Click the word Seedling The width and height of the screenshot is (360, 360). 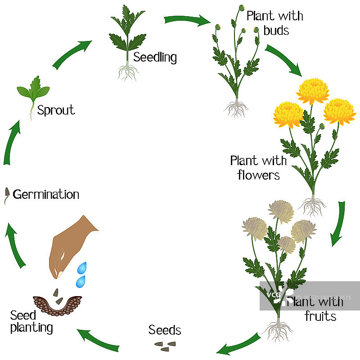tap(155, 58)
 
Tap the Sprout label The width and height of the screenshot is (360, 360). tap(56, 110)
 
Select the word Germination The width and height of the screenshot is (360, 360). tap(46, 195)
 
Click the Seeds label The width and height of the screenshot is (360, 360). tap(165, 331)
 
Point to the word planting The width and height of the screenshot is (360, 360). tap(31, 328)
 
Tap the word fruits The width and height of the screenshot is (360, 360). tap(320, 316)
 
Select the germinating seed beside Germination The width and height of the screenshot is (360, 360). tap(7, 195)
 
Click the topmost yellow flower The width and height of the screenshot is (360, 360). tap(313, 90)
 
